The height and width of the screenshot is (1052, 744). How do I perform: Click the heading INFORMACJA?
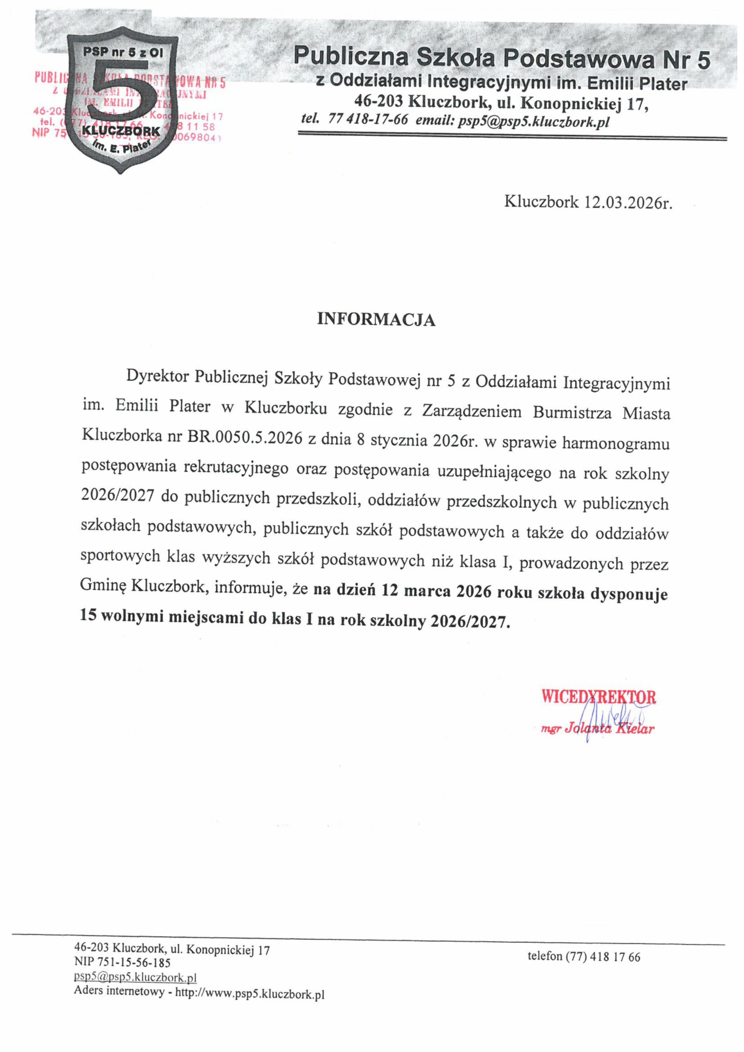376,320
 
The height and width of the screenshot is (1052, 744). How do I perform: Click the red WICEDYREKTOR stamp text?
598,697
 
